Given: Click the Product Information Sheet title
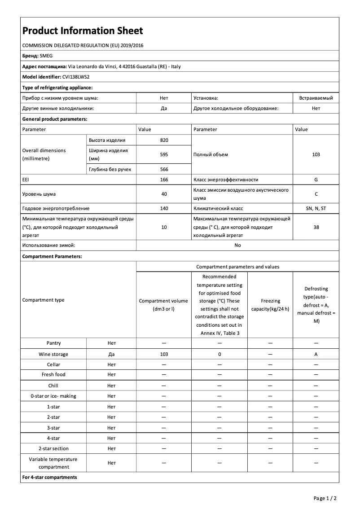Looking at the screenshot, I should click(x=83, y=31).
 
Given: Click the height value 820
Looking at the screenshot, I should click(x=164, y=140).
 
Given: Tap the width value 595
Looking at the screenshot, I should click(x=164, y=154).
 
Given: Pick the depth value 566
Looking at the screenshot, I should click(x=164, y=169).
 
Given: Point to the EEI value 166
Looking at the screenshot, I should click(x=164, y=180).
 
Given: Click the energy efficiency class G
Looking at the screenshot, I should click(x=316, y=180).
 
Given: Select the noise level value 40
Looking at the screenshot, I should click(x=164, y=194).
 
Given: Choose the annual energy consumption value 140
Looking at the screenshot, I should click(x=164, y=208).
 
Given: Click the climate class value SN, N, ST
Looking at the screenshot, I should click(x=316, y=208).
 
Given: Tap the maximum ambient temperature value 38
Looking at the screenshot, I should click(x=316, y=227).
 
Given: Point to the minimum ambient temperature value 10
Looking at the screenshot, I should click(x=164, y=227).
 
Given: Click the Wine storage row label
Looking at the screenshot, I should click(x=53, y=354).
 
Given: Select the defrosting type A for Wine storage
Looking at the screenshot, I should click(x=316, y=354).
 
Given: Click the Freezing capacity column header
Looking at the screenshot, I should click(x=270, y=305).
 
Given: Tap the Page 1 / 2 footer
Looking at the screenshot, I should click(x=325, y=498).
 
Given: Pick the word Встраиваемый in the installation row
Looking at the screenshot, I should click(x=316, y=97).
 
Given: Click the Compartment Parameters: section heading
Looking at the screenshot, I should click(x=52, y=256).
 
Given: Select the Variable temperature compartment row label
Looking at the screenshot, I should click(x=53, y=463).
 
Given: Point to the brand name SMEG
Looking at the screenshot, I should click(x=46, y=56).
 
